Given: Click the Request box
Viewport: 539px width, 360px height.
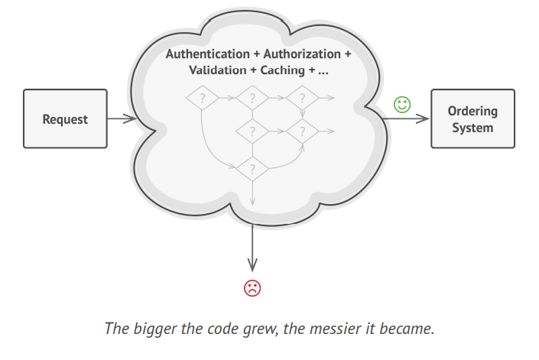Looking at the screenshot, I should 65,119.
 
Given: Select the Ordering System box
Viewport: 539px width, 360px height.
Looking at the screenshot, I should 472,119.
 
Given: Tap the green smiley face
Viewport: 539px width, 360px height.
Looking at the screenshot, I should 402,104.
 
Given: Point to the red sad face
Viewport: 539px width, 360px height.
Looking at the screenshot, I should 252,288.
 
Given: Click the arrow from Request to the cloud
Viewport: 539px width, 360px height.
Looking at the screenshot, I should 121,119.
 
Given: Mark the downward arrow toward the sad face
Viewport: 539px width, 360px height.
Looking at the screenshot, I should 252,248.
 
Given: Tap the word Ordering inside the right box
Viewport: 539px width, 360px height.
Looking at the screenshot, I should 472,112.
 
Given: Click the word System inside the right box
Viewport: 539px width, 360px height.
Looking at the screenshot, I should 472,128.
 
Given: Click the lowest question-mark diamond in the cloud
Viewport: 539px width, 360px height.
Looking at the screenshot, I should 252,167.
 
